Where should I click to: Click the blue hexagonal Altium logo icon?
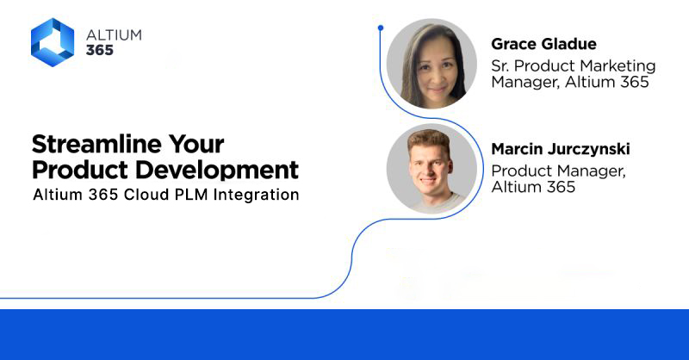coord(53,42)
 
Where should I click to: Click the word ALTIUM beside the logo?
coord(114,35)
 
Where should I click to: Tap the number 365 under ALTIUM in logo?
coord(100,51)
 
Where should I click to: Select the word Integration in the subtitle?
coord(259,195)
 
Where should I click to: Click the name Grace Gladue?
coord(543,44)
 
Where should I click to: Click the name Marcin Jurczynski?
coord(560,150)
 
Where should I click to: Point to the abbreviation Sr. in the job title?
coord(502,65)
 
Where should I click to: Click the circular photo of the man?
coord(431,169)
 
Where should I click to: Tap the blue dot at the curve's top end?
coord(380,28)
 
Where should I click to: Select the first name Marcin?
coord(518,150)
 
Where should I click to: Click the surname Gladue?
coord(569,44)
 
